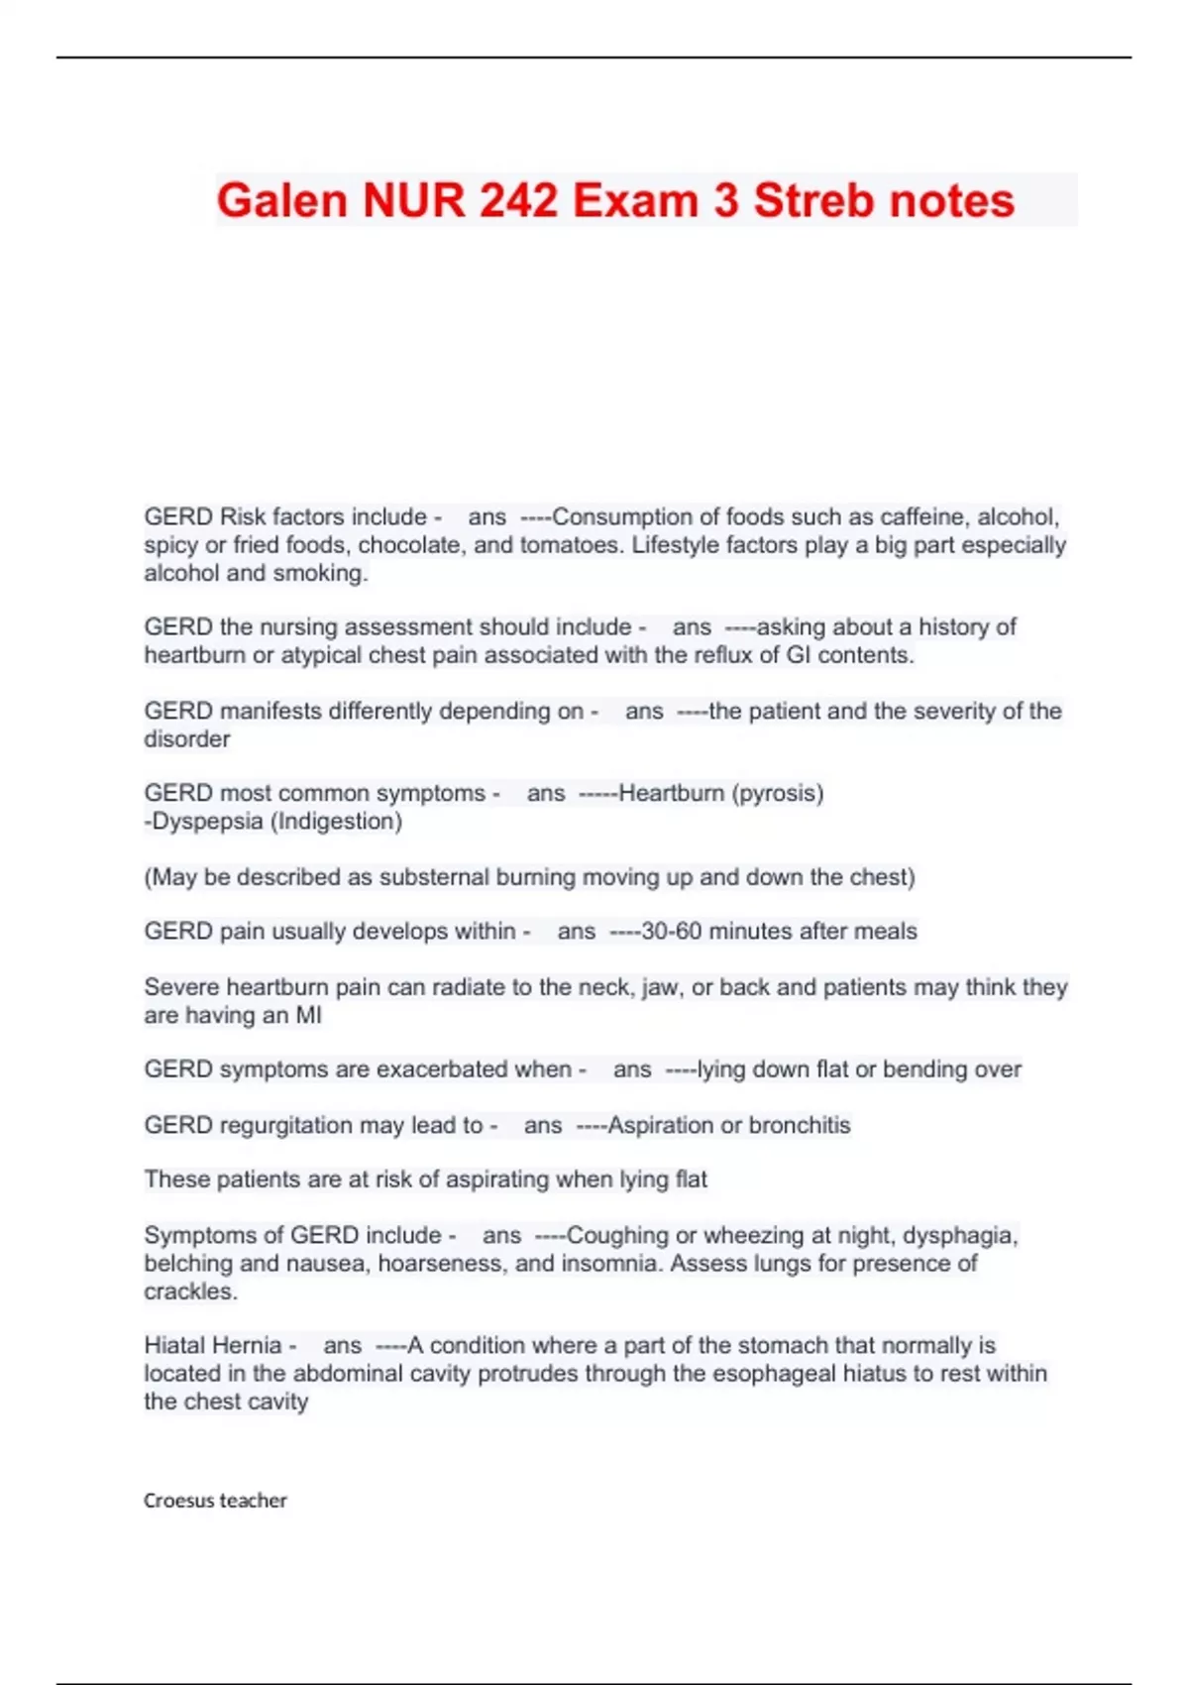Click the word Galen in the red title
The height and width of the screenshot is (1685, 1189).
tap(282, 200)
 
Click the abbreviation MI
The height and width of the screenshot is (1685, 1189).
tap(308, 1015)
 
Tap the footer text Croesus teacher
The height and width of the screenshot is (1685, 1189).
tap(215, 1501)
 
